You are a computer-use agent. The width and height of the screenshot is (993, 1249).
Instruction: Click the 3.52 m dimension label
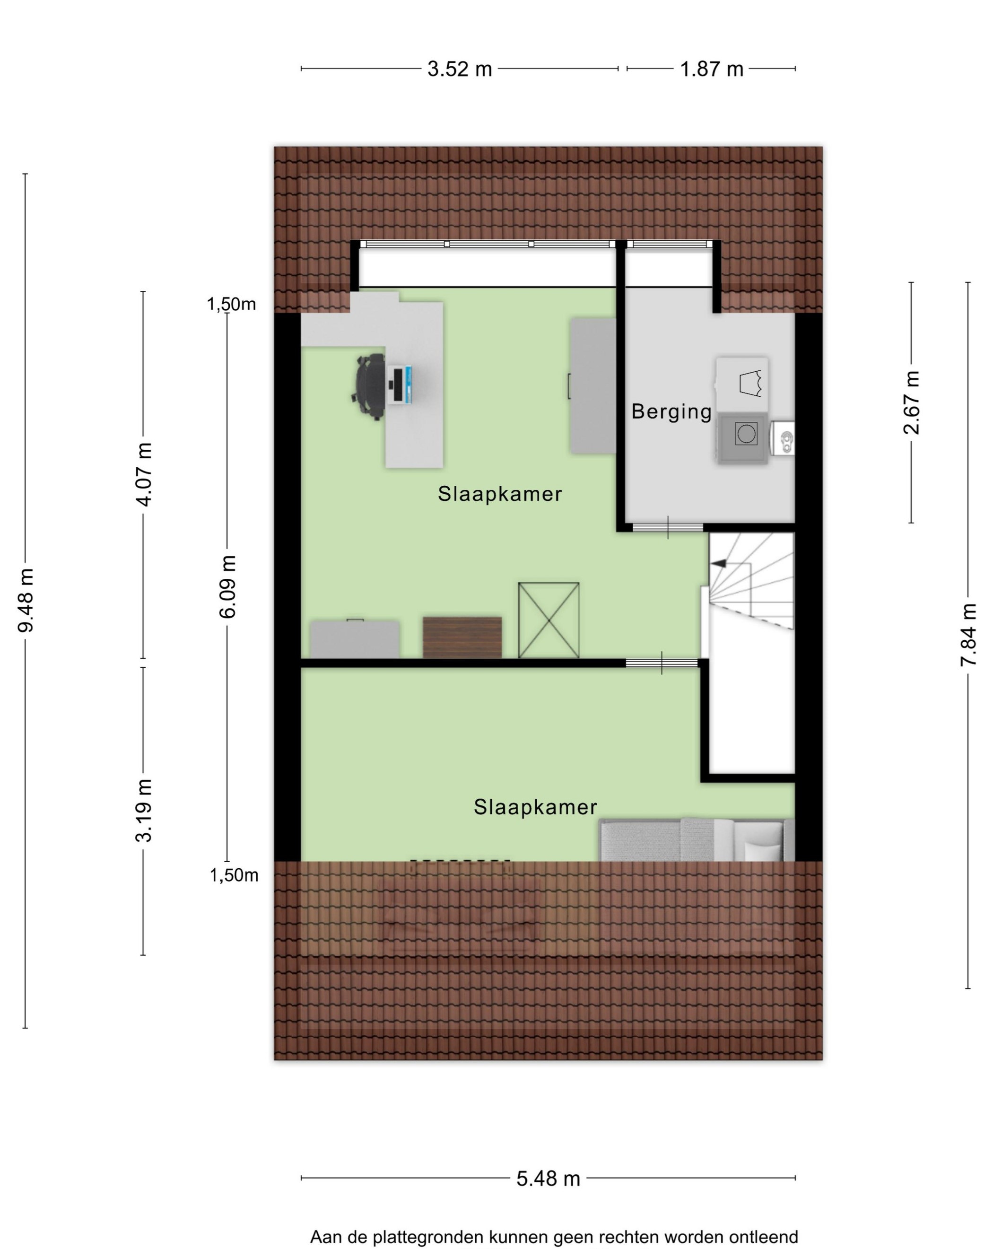[460, 69]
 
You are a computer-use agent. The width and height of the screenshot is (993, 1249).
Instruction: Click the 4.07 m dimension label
[143, 474]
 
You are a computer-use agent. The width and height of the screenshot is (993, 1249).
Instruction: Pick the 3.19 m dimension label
[143, 809]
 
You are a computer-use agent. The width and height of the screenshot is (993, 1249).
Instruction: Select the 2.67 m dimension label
[911, 402]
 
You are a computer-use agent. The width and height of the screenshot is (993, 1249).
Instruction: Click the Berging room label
[671, 411]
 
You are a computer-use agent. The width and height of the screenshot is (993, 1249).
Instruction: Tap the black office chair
[368, 385]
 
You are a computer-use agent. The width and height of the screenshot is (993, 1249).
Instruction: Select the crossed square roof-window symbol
[548, 620]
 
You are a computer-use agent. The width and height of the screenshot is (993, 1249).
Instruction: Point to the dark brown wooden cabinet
[462, 637]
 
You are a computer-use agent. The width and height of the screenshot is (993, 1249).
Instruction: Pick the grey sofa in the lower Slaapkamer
[697, 839]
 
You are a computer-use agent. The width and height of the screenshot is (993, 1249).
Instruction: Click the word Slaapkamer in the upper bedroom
[499, 494]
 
